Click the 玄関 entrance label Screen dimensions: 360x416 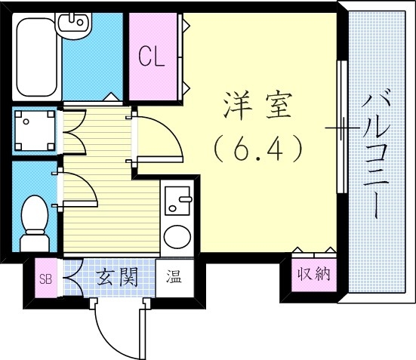(x=118, y=278)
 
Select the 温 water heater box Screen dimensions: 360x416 (x=174, y=276)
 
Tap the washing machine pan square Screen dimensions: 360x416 (x=35, y=131)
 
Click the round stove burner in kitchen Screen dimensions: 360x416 (x=178, y=236)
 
